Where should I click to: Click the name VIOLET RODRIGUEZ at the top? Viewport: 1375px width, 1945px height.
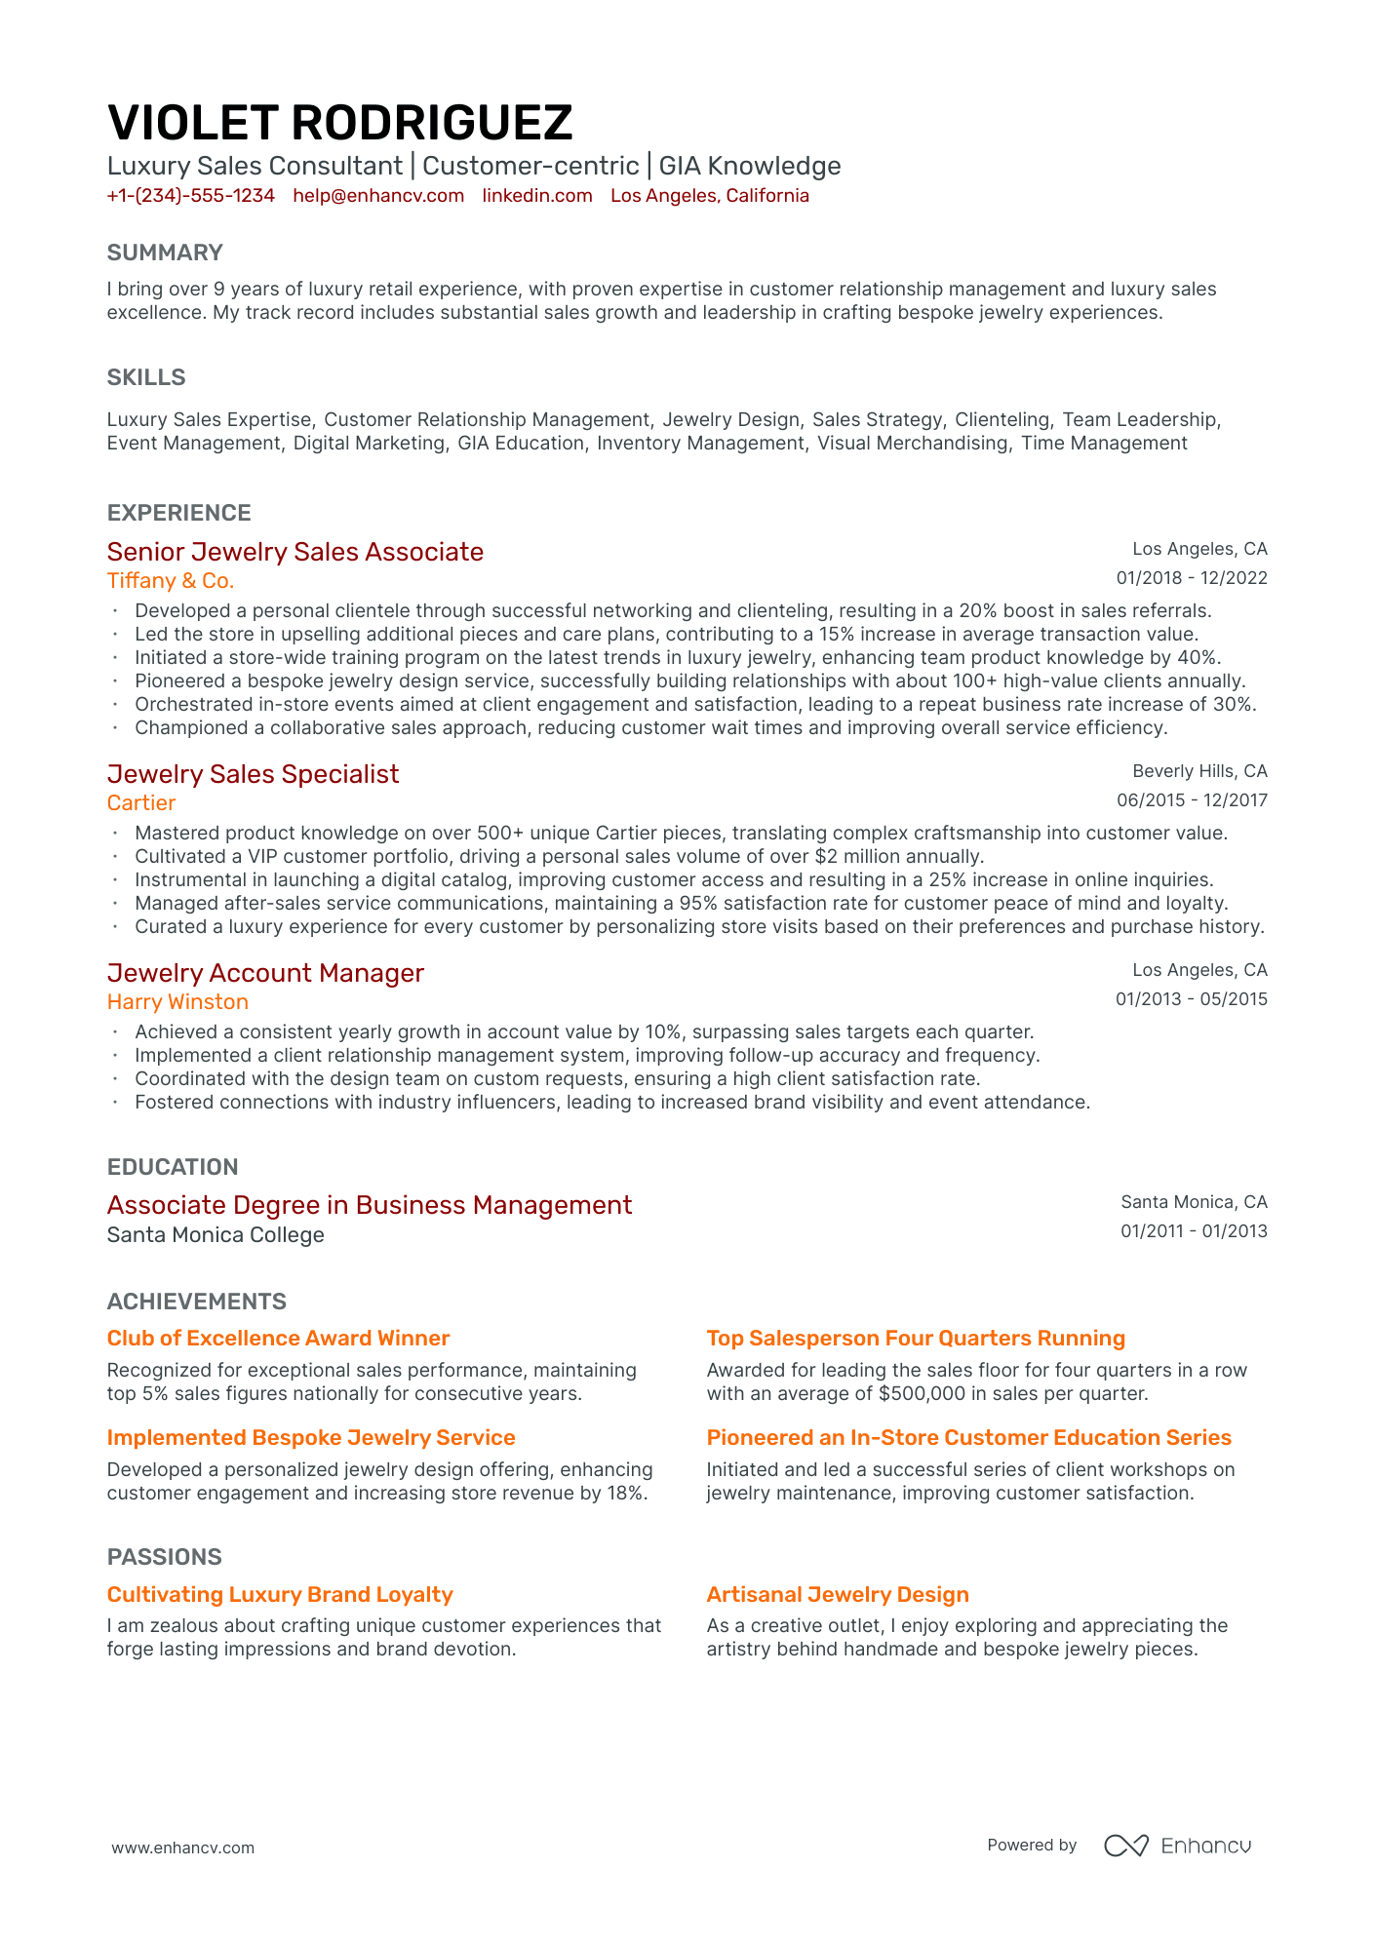[339, 124]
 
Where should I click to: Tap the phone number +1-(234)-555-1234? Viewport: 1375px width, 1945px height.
[191, 196]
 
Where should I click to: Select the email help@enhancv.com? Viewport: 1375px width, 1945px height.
[378, 196]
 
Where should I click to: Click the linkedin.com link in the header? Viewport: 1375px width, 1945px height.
[537, 196]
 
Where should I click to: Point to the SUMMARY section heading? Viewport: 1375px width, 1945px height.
[165, 253]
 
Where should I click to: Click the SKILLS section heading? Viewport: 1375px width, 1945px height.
[146, 378]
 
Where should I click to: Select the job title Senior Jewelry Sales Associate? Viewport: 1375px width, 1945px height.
[295, 553]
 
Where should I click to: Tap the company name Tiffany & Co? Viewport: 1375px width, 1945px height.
[171, 582]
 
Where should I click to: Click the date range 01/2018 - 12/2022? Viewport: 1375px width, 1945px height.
[1192, 578]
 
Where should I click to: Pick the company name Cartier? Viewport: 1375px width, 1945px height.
[141, 804]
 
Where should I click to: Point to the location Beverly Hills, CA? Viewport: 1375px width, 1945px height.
[1199, 772]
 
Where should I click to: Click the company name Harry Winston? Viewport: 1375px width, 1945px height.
[177, 1003]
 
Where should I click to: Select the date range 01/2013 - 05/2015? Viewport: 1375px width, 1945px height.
[1192, 999]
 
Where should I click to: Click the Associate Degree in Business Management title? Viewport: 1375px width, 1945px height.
[370, 1206]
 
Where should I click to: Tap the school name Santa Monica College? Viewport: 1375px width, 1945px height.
[216, 1236]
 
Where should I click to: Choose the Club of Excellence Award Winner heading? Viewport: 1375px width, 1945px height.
[278, 1340]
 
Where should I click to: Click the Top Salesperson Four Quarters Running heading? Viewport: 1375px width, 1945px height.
[916, 1340]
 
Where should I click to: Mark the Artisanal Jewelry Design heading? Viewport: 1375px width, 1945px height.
[838, 1596]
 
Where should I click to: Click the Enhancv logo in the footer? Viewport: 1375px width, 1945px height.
[1177, 1846]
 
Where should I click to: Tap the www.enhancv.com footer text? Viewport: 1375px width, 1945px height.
[183, 1848]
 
